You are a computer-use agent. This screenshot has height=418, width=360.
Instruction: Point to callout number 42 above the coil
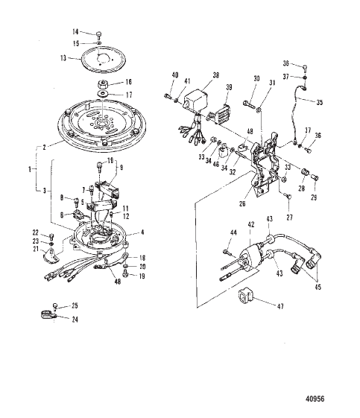pyautogui.click(x=251, y=224)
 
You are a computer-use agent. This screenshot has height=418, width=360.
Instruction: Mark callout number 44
pyautogui.click(x=232, y=233)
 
